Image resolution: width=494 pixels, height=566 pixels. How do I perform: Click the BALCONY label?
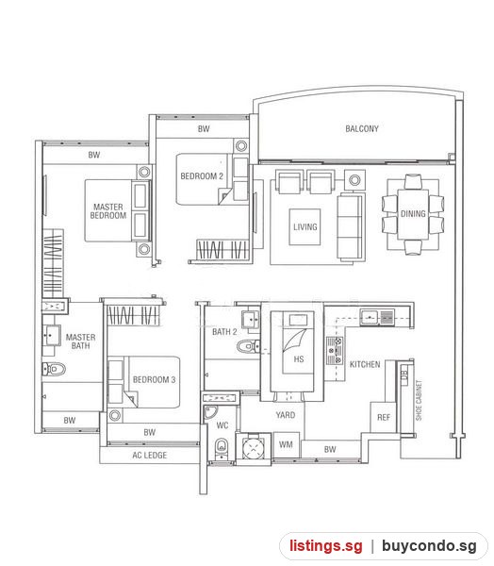[x=362, y=128]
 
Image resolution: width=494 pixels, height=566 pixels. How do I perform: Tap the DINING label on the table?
[x=413, y=214]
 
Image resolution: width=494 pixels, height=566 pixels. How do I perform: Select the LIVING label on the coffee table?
[x=305, y=226]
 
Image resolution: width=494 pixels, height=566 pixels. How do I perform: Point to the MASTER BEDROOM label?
[x=108, y=211]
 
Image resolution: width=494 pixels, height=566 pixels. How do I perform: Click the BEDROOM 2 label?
[x=202, y=176]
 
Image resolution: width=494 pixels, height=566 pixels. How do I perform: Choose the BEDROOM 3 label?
[x=154, y=379]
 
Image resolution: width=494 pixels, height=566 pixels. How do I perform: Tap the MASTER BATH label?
[x=80, y=341]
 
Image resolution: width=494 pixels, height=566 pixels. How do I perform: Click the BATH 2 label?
[x=224, y=332]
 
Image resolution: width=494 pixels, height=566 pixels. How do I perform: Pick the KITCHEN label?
[x=365, y=364]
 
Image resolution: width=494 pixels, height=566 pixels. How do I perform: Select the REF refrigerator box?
[x=383, y=417]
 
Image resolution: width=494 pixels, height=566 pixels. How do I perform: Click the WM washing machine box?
[x=287, y=444]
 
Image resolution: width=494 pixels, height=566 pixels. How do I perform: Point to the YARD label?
[x=286, y=415]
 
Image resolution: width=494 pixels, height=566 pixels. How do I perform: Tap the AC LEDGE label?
[x=149, y=456]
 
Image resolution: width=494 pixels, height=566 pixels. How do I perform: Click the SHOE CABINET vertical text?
[x=419, y=400]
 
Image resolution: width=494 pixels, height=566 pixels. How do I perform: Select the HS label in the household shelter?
[x=299, y=359]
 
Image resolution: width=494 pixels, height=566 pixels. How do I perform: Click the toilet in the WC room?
[x=222, y=447]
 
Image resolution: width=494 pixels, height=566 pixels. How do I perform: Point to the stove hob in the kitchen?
[x=335, y=351]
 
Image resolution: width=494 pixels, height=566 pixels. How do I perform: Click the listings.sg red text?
[x=325, y=546]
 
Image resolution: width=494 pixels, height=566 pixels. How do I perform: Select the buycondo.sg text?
[x=429, y=546]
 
